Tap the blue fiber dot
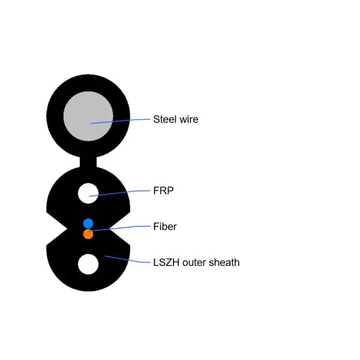pyautogui.click(x=88, y=224)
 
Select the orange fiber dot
pyautogui.click(x=88, y=234)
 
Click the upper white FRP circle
pyautogui.click(x=88, y=193)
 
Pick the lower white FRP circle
pyautogui.click(x=88, y=264)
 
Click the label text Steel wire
pyautogui.click(x=175, y=119)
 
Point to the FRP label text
pyautogui.click(x=163, y=191)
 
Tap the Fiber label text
pyautogui.click(x=165, y=226)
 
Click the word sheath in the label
pyautogui.click(x=224, y=262)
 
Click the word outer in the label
pyautogui.click(x=194, y=262)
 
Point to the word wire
pyautogui.click(x=189, y=119)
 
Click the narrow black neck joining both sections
pyautogui.click(x=88, y=162)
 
